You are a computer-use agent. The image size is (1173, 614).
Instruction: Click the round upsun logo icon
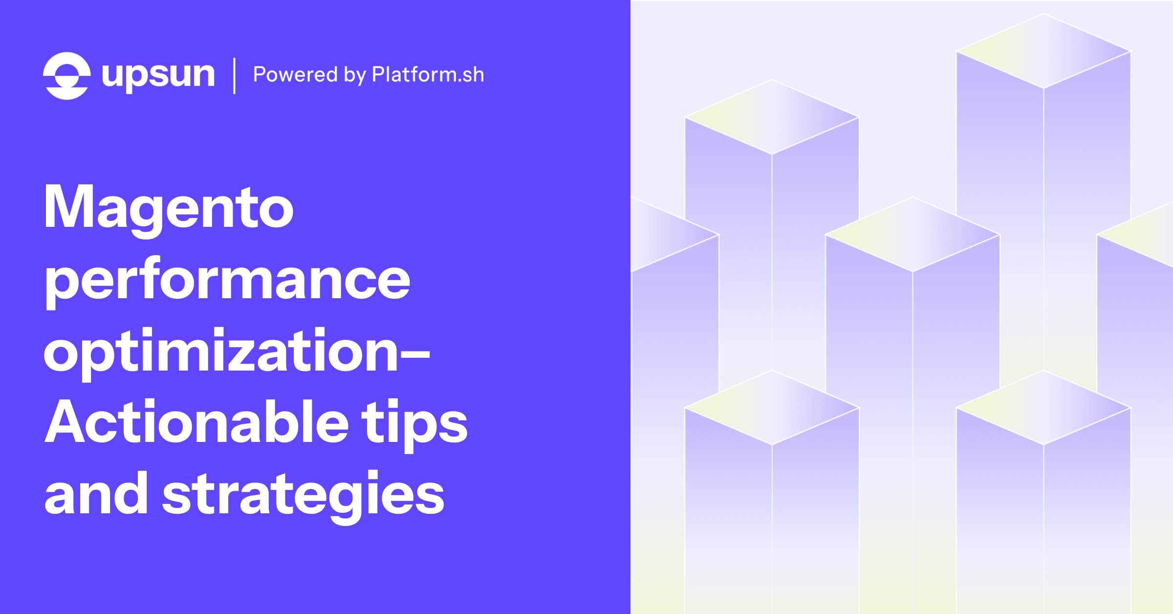67,76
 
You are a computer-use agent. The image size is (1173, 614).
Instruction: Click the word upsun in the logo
158,76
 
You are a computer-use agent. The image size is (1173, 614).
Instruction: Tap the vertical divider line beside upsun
235,76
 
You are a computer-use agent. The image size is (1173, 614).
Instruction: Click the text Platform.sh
428,74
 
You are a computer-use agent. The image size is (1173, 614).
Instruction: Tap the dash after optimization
415,356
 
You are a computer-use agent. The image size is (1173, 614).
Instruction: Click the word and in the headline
96,493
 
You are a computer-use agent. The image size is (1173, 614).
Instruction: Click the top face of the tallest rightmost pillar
1043,51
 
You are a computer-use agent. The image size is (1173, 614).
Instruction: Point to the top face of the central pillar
912,234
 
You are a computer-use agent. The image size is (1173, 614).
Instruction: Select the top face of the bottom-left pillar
772,407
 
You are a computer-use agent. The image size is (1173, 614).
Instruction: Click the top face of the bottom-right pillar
1043,407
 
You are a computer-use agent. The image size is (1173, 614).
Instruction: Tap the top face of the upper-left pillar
772,117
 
